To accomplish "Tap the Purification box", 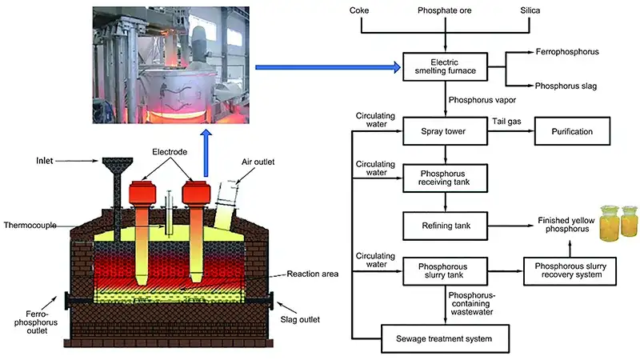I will click(573, 129).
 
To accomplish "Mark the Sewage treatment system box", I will click(446, 338).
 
